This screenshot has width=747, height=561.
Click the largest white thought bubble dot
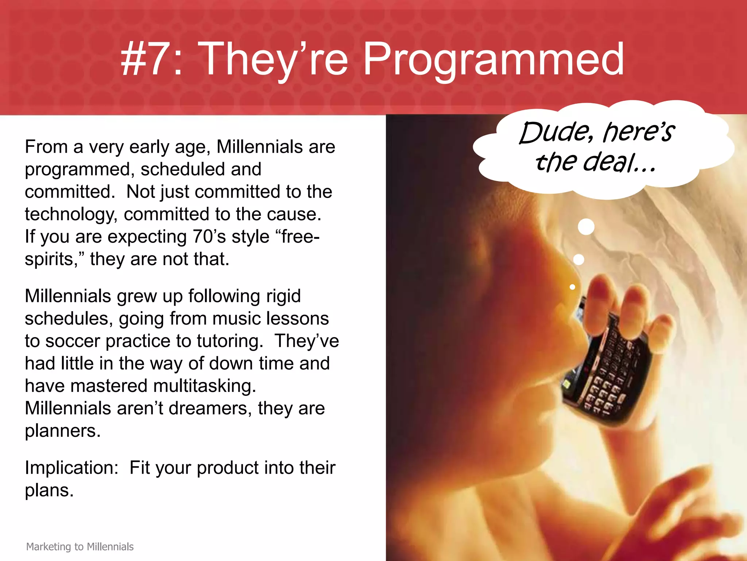point(586,226)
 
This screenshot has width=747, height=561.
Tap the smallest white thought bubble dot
point(572,287)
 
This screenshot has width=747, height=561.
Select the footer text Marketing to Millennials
point(80,546)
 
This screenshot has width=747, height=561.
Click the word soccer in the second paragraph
point(73,341)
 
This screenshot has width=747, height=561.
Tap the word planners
point(62,431)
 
